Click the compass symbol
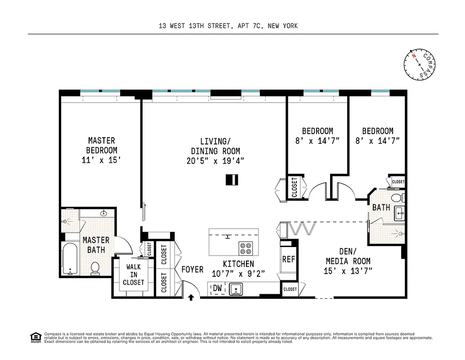tap(420, 64)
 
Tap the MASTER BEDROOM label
tap(102, 145)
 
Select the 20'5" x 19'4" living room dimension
tap(215, 161)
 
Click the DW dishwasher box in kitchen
tap(217, 288)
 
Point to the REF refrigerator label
tap(288, 260)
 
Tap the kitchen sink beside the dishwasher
tap(236, 288)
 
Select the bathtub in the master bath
tap(70, 259)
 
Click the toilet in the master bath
tap(95, 268)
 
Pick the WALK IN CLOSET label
tap(134, 274)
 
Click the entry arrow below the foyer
tap(191, 297)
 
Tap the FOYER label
tap(192, 270)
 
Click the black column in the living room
tap(232, 180)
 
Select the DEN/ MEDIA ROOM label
tap(348, 256)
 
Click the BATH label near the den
tap(381, 207)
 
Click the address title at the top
tap(228, 26)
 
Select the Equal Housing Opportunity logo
tap(35, 337)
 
